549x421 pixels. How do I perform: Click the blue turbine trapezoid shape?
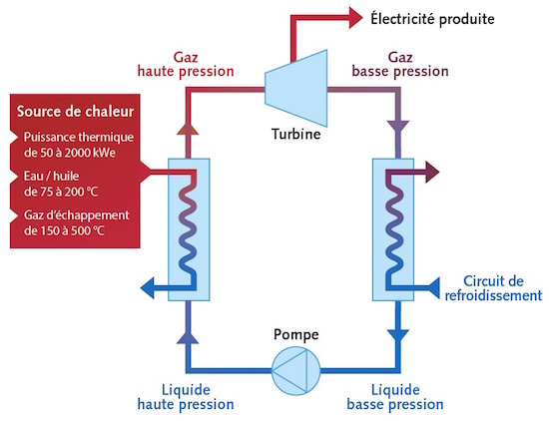pos(296,88)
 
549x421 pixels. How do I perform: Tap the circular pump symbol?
pos(296,370)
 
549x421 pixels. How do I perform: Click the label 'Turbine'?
pos(296,134)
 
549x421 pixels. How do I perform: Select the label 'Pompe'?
pos(296,335)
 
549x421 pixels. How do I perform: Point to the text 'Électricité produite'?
pos(433,19)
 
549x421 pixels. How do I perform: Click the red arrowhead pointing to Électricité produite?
pos(355,18)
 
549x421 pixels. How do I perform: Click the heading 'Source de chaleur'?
pos(75,112)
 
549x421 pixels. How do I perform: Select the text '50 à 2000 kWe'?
pos(77,153)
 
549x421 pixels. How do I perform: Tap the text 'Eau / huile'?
pos(52,176)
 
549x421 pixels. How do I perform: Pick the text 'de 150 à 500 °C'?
pos(64,231)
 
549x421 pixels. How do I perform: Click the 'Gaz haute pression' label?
pos(186,65)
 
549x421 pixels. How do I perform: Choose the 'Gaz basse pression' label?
pos(400,65)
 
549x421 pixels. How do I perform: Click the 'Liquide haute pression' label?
pos(186,397)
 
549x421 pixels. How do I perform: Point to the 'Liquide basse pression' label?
pos(395,397)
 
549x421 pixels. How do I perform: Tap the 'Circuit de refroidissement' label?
pos(493,288)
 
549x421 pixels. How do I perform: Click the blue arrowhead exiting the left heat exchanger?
pos(147,287)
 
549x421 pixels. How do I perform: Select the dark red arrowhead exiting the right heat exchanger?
pos(432,172)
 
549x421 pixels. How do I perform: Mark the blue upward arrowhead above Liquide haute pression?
pos(188,337)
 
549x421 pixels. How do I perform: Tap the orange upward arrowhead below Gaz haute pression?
pos(188,129)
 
